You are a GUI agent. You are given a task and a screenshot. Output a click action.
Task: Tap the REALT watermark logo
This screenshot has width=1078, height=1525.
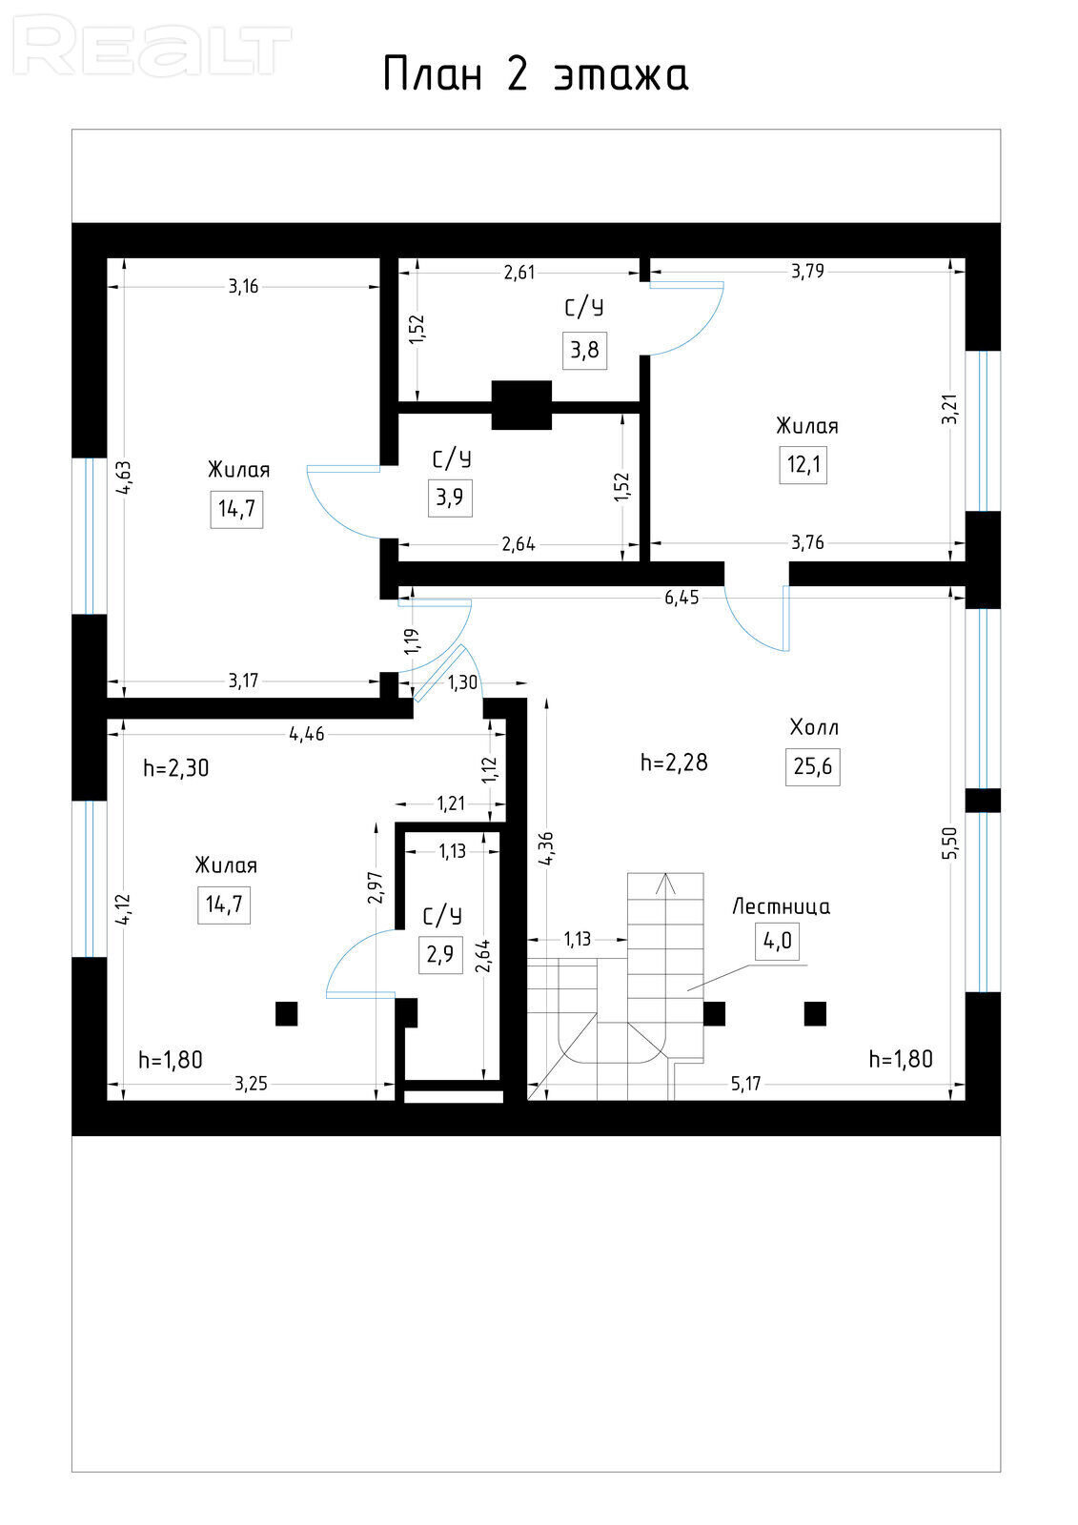point(153,46)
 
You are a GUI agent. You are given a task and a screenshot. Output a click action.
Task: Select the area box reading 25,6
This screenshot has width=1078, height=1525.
point(812,767)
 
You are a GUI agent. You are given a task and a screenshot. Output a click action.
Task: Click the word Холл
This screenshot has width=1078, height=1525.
point(814,727)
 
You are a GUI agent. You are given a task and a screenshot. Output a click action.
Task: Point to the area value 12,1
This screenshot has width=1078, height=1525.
point(803,465)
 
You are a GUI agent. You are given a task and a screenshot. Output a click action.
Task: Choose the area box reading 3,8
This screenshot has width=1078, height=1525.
point(584,350)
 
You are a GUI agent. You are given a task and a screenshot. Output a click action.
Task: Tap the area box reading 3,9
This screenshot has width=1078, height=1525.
point(450,498)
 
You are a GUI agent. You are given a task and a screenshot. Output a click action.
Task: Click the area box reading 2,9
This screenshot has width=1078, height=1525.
point(440,954)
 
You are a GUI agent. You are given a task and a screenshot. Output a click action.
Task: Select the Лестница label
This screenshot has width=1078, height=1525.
point(781,906)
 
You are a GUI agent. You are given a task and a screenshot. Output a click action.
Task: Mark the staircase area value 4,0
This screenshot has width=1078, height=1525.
point(777,942)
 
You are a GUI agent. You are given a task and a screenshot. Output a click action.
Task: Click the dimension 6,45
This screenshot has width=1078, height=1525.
point(681,599)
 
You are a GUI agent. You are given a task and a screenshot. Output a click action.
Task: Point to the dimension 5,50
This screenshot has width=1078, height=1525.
point(950,843)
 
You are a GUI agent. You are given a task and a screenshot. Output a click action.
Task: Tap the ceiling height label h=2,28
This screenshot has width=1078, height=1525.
point(674,762)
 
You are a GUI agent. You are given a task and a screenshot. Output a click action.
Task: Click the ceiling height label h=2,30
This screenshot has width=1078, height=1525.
point(175,768)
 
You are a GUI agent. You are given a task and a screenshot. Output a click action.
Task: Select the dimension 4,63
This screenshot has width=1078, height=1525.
point(124,478)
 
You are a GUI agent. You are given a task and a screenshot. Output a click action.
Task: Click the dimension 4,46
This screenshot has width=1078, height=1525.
point(307,734)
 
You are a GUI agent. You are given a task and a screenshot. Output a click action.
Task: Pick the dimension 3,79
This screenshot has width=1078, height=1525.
point(807,272)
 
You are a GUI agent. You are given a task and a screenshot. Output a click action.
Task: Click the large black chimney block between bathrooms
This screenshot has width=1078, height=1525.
point(521,405)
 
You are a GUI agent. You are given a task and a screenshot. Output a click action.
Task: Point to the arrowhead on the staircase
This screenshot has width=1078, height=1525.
point(665,884)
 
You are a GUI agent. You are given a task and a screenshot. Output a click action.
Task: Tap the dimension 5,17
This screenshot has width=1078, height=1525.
point(745,1084)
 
